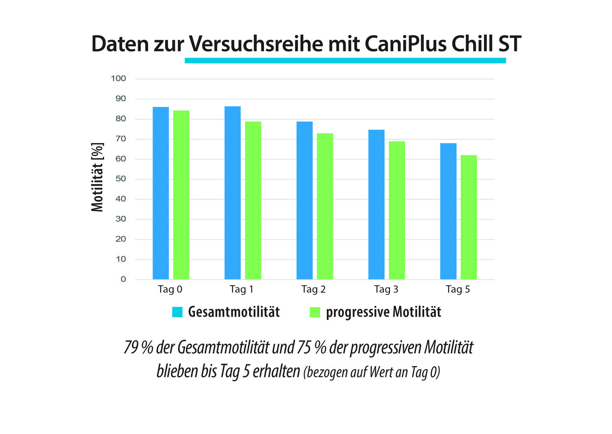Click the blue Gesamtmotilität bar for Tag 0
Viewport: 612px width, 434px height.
[x=161, y=193]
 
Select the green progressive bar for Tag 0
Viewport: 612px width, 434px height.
[x=181, y=195]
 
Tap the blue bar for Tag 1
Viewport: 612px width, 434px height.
[x=232, y=193]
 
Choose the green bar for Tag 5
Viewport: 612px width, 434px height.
[x=468, y=217]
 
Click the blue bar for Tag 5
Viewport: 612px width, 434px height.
[x=448, y=211]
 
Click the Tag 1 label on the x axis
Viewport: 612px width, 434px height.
[x=241, y=289]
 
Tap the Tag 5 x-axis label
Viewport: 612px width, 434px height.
[x=457, y=289]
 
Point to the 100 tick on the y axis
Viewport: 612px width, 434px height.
[x=118, y=78]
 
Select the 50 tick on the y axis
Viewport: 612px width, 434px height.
[x=120, y=179]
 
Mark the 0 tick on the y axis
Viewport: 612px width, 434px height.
[x=123, y=279]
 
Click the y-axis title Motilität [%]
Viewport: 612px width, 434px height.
[x=97, y=177]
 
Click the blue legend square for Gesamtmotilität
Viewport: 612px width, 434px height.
[x=177, y=312]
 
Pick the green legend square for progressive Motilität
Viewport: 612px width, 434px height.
[x=315, y=312]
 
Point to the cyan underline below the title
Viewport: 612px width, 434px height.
[x=345, y=61]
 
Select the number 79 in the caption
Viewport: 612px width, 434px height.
[x=131, y=348]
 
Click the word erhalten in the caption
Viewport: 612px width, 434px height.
[x=276, y=371]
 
